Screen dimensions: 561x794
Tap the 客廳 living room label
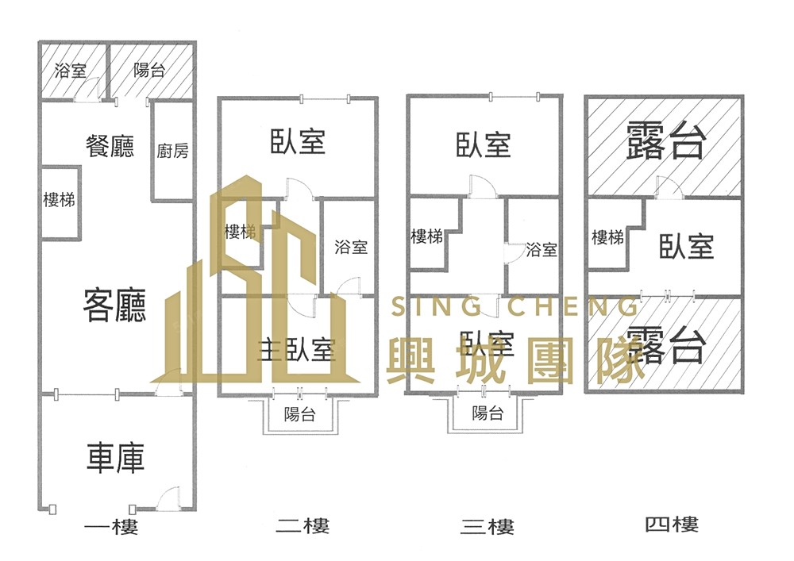116,305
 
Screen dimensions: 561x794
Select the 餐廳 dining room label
110,146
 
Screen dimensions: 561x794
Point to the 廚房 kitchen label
172,151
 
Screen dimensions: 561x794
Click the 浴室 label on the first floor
71,71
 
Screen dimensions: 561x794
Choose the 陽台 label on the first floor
149,71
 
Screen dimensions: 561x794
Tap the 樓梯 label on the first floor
59,200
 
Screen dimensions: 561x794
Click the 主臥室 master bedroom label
296,349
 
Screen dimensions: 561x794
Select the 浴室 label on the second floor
351,246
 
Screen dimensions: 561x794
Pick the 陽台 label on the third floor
488,413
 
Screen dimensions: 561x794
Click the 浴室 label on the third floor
542,250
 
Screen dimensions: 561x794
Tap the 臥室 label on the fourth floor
686,246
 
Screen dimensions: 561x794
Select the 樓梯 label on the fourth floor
607,237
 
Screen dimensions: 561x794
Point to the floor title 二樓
303,525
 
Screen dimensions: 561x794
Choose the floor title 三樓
487,526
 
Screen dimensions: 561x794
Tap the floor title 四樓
671,524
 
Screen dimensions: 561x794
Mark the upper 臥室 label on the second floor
298,143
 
